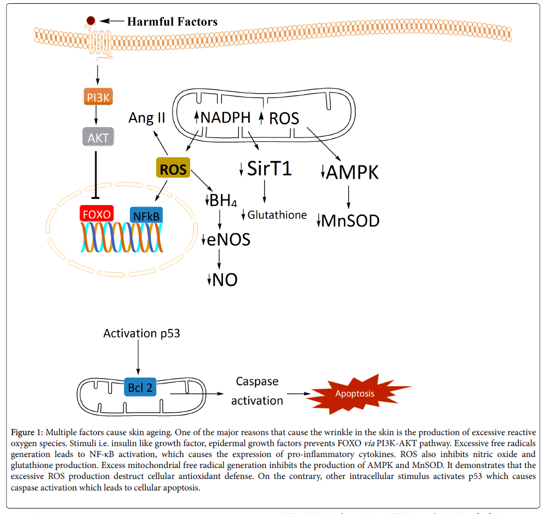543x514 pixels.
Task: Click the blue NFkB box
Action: pyautogui.click(x=146, y=216)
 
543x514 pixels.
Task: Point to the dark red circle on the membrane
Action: pyautogui.click(x=91, y=21)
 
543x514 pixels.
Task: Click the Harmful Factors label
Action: pyautogui.click(x=172, y=22)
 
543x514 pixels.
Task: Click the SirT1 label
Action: pyautogui.click(x=269, y=169)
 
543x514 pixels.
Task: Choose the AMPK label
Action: pyautogui.click(x=352, y=172)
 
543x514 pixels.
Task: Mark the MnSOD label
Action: pyautogui.click(x=350, y=221)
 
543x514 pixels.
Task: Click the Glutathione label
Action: pyautogui.click(x=277, y=215)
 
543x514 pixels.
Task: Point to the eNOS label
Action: pyautogui.click(x=228, y=239)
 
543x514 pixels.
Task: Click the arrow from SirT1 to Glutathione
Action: pyautogui.click(x=265, y=194)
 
